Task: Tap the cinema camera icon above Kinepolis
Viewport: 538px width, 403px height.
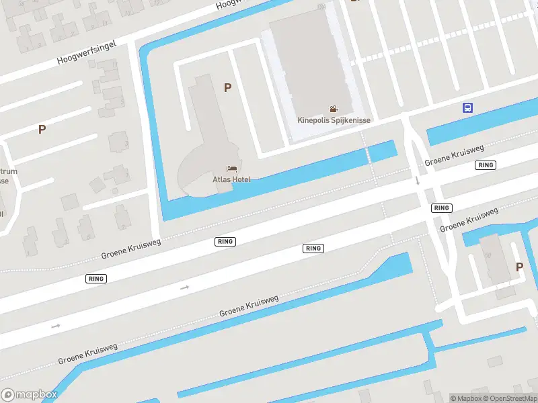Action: tap(334, 109)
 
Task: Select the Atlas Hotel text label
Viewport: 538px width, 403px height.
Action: tap(231, 179)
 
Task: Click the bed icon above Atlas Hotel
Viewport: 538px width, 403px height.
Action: tap(232, 168)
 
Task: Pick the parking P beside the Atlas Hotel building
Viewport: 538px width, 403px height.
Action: tap(227, 87)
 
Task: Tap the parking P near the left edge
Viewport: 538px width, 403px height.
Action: tap(42, 130)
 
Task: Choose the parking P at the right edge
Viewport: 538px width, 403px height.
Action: tap(519, 267)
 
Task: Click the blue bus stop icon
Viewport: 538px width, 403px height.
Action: tap(467, 107)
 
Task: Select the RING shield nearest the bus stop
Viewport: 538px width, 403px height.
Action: tap(485, 165)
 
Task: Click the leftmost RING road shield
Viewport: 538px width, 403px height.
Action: tap(96, 278)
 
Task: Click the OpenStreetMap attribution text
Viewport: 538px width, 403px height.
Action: tap(509, 398)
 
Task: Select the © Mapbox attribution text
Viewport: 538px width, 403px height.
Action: tap(466, 398)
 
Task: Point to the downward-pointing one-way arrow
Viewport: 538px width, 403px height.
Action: tap(417, 180)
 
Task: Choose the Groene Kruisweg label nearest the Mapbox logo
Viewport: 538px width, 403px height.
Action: tap(87, 353)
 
